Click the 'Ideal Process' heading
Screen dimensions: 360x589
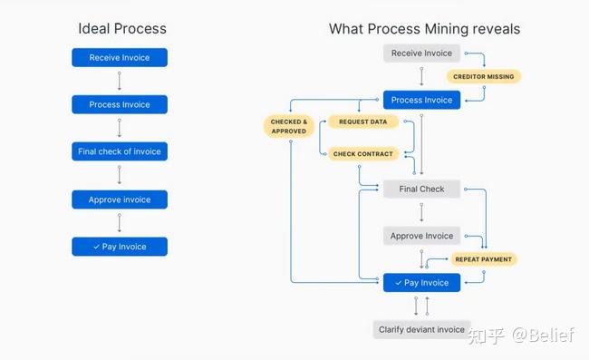coord(122,29)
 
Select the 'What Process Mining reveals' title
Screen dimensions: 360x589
coord(424,29)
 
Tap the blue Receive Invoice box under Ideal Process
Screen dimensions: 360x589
coord(120,58)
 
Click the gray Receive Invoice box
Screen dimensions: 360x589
coord(421,54)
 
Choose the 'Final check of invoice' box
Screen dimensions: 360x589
coord(120,151)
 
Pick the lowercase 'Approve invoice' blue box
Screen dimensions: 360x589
coord(120,199)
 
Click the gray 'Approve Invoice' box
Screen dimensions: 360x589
coord(421,236)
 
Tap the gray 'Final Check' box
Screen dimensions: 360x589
coord(421,190)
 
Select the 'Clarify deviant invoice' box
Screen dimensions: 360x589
coord(421,329)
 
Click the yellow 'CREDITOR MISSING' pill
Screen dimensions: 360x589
coord(484,77)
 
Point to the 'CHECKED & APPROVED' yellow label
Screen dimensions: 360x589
coord(288,126)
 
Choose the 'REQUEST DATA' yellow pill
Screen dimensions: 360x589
coord(362,122)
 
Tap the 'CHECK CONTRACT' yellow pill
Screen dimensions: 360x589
coord(362,154)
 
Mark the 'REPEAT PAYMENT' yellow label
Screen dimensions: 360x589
coord(483,259)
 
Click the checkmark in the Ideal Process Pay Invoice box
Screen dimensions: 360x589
coord(97,247)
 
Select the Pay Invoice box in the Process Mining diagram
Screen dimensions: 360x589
coord(421,283)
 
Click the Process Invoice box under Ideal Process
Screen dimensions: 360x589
coord(120,105)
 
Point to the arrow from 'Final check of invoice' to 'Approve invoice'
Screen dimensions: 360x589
coord(120,176)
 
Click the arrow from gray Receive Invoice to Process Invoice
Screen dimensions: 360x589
coord(421,76)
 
